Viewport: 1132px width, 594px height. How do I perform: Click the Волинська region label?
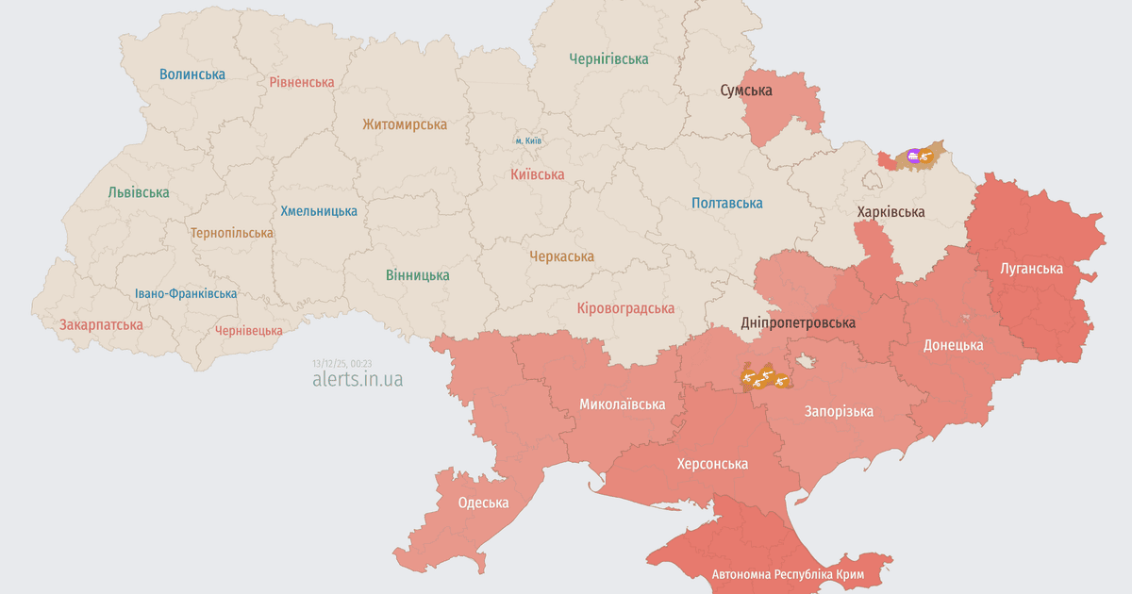click(x=192, y=74)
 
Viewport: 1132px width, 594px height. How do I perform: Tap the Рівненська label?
click(x=302, y=82)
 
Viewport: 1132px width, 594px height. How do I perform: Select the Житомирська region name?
click(x=405, y=124)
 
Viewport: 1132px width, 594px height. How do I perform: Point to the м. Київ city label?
click(x=528, y=140)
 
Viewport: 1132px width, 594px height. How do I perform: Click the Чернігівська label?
click(x=608, y=58)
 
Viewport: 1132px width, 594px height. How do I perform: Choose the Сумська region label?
click(x=746, y=91)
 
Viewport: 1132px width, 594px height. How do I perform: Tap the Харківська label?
click(x=891, y=211)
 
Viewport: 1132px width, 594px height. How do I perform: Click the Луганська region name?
click(x=1031, y=269)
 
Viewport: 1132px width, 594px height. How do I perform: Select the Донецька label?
click(x=953, y=345)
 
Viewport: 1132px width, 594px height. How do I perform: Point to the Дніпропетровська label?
click(x=798, y=322)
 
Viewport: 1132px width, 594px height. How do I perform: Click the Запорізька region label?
click(x=838, y=411)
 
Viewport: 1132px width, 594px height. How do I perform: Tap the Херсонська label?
click(x=712, y=464)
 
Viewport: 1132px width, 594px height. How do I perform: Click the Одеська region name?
click(x=483, y=503)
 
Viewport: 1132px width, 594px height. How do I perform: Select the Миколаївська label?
click(x=622, y=404)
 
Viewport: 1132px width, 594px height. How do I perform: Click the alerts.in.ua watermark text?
click(x=358, y=379)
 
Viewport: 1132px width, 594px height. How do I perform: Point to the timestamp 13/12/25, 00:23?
click(x=342, y=363)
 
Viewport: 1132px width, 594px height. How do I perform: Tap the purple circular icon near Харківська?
click(x=912, y=155)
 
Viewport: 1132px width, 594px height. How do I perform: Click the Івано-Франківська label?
click(x=186, y=293)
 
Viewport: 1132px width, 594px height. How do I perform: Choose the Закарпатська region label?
click(x=101, y=324)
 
